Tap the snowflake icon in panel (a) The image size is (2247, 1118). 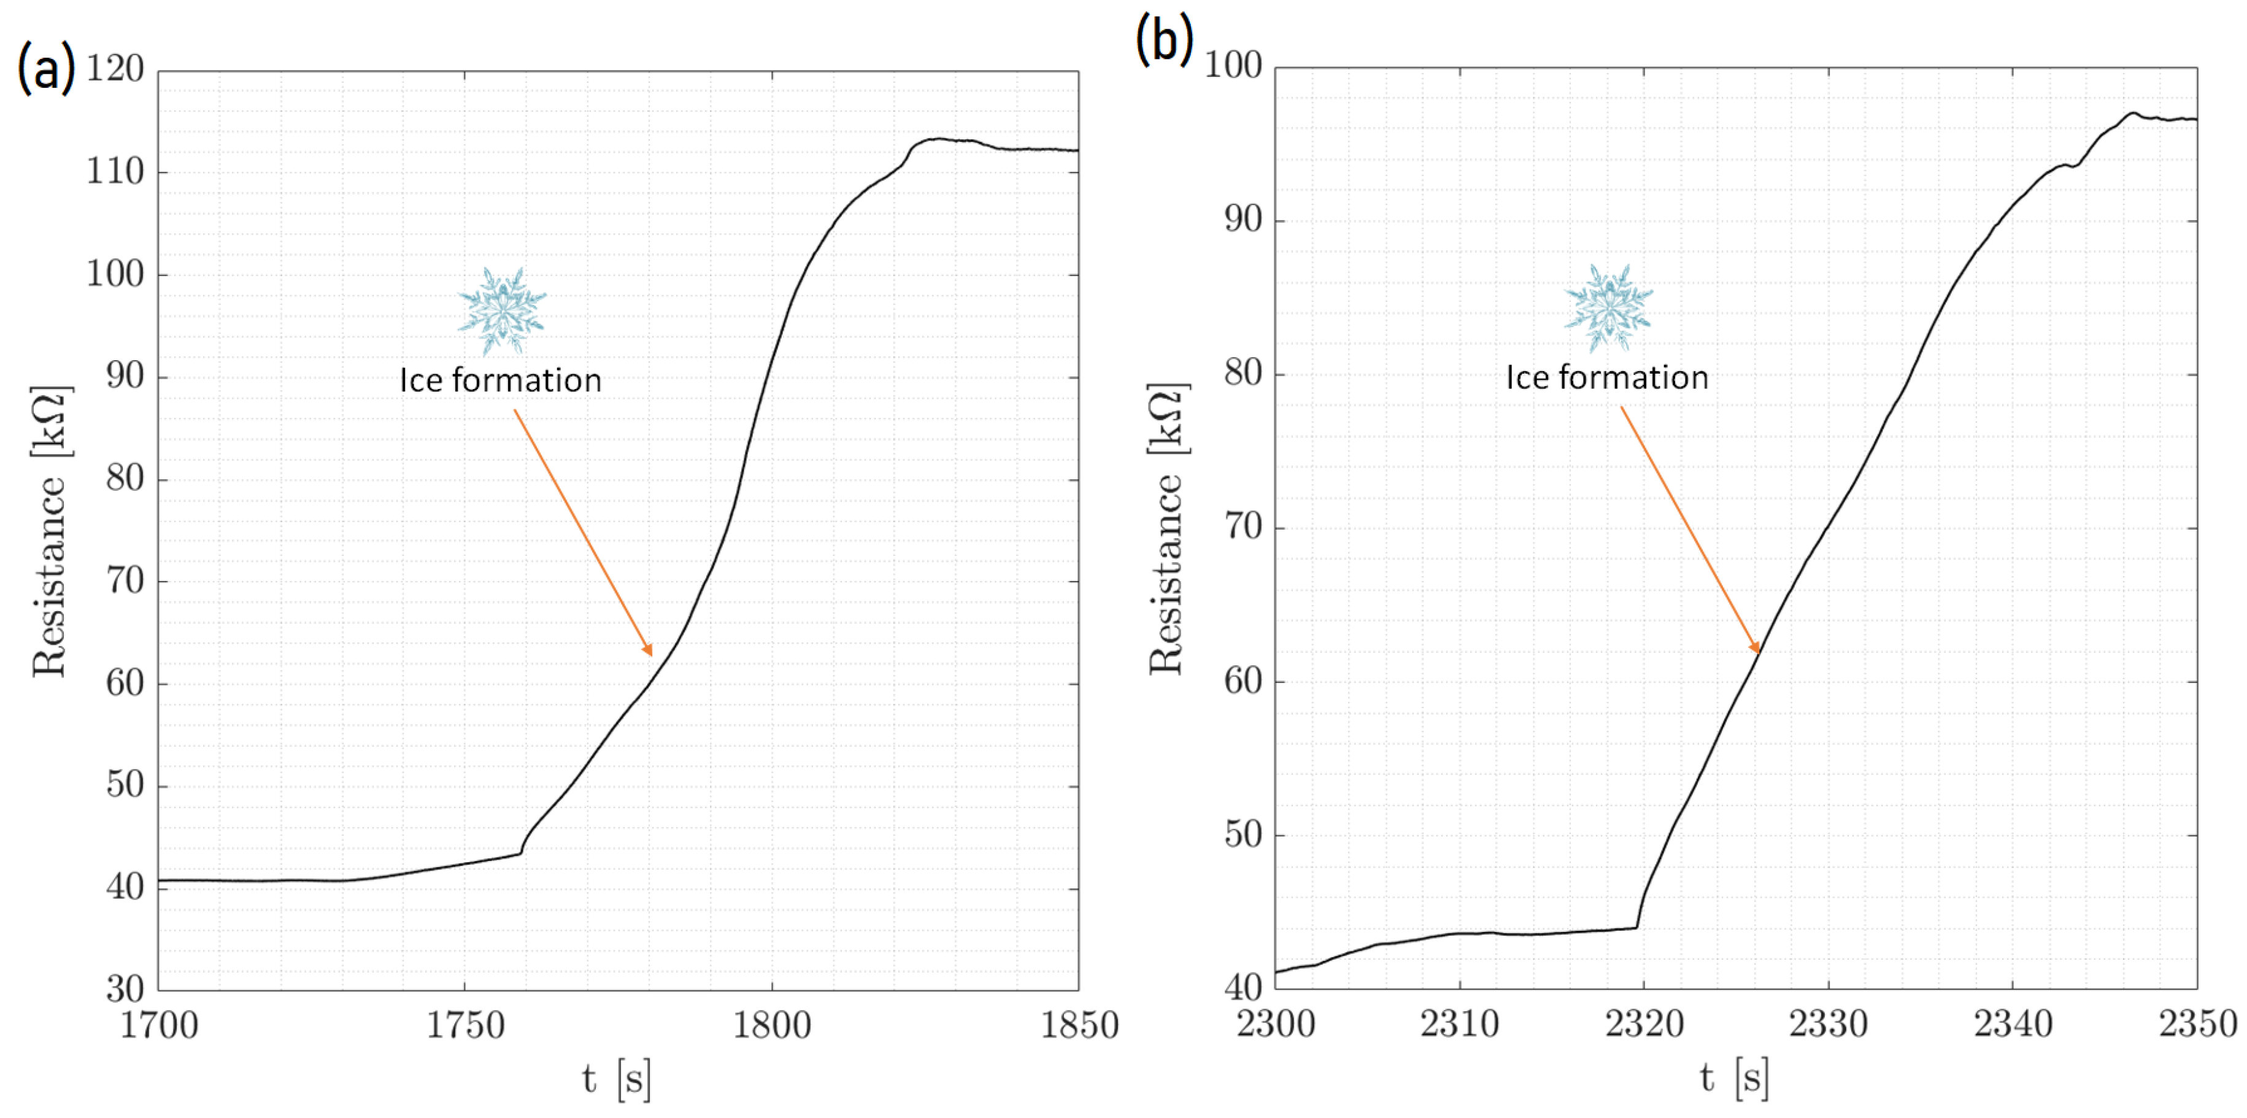[501, 310]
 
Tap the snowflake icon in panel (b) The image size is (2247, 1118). [1608, 307]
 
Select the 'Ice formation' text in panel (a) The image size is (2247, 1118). [501, 380]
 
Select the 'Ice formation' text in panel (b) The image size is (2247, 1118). [1607, 377]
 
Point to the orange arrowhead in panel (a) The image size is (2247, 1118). [648, 650]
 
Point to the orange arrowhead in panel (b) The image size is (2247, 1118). [1756, 648]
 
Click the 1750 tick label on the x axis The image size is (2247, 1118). [465, 1025]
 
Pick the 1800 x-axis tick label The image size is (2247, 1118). [771, 1025]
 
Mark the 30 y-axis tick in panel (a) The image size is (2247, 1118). [125, 989]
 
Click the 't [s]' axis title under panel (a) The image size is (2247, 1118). [617, 1079]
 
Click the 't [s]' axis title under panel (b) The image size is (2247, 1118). [1734, 1078]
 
